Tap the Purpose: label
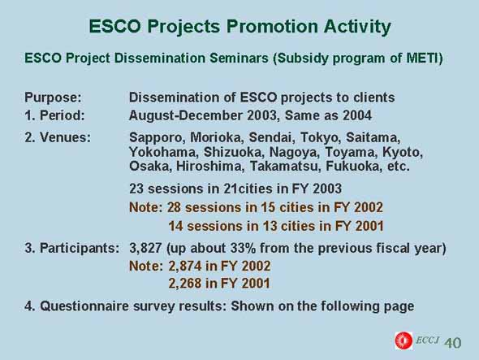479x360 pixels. point(53,98)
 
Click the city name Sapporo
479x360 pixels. point(156,137)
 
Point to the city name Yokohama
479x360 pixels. point(164,152)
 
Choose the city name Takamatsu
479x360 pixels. point(285,167)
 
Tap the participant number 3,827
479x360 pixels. point(145,248)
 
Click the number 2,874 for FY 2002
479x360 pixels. point(184,266)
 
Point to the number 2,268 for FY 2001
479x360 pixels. point(184,284)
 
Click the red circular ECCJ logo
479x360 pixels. point(403,340)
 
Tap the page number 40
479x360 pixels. point(453,343)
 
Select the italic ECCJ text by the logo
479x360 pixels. point(428,340)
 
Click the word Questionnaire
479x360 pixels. point(84,306)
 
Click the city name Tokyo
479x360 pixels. point(321,137)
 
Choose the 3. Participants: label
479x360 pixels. point(71,248)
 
